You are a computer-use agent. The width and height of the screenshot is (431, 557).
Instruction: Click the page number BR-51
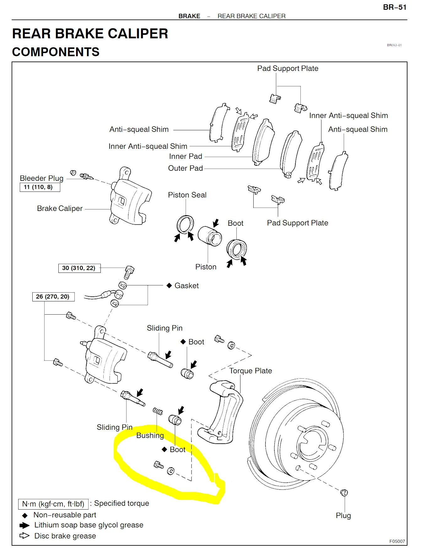pyautogui.click(x=394, y=7)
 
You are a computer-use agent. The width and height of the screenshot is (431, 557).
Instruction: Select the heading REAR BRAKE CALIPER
pyautogui.click(x=90, y=34)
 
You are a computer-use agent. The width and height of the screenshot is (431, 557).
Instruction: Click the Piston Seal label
pyautogui.click(x=187, y=195)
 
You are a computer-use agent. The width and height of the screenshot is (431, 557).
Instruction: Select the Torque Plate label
pyautogui.click(x=251, y=371)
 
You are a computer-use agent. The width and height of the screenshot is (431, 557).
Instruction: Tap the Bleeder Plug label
pyautogui.click(x=41, y=178)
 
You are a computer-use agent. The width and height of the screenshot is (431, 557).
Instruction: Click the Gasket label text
pyautogui.click(x=186, y=286)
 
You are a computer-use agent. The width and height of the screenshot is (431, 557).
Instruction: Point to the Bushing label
pyautogui.click(x=150, y=435)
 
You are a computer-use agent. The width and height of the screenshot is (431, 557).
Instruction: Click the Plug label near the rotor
pyautogui.click(x=343, y=516)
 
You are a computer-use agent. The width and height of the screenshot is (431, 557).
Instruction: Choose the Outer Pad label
pyautogui.click(x=185, y=168)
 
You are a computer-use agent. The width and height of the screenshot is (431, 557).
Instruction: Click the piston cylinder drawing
pyautogui.click(x=209, y=236)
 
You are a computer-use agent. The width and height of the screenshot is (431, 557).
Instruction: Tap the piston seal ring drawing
pyautogui.click(x=185, y=224)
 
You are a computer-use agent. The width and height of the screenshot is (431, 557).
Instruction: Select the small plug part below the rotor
pyautogui.click(x=344, y=493)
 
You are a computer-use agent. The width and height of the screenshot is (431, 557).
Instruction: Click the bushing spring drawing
pyautogui.click(x=158, y=411)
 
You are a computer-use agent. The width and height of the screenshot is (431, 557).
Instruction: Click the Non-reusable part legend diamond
pyautogui.click(x=25, y=516)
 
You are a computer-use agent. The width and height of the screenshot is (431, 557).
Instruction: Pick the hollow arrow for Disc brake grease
pyautogui.click(x=24, y=536)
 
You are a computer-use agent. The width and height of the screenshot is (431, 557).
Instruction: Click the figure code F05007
pyautogui.click(x=397, y=541)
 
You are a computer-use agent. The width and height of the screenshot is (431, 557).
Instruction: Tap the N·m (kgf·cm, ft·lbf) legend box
pyautogui.click(x=53, y=504)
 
